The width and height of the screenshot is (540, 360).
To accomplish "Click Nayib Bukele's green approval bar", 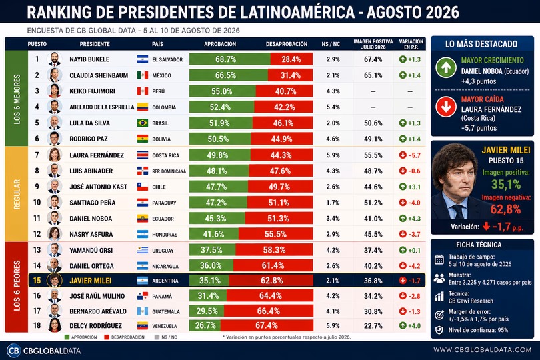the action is [x=230, y=59].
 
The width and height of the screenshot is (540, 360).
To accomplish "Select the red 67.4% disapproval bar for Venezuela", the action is [x=267, y=325].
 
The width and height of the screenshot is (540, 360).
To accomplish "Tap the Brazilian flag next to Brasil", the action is [x=143, y=123].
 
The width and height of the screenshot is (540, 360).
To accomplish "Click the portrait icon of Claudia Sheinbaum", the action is [x=55, y=75].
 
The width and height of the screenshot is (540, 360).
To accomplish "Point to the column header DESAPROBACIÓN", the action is [x=287, y=44].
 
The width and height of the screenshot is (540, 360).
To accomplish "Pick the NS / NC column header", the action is [x=331, y=44].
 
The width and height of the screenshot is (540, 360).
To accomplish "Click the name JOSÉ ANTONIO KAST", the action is [x=98, y=187].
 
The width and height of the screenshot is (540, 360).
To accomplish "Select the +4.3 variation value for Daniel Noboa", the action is [x=410, y=219].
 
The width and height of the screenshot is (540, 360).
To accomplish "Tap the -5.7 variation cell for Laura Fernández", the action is [x=410, y=155].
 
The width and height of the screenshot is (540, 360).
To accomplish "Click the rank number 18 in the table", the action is [x=37, y=325].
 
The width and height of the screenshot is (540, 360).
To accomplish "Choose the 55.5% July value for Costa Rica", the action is [x=373, y=155].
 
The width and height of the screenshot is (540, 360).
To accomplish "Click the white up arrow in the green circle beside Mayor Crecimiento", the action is [x=446, y=67].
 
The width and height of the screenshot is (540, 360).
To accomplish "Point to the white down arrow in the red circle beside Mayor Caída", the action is [x=446, y=107].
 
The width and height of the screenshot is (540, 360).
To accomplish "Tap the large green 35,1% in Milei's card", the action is [x=506, y=185].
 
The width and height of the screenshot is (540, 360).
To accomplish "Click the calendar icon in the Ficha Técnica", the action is [x=439, y=260].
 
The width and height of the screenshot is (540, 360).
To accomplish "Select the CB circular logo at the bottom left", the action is [x=13, y=351].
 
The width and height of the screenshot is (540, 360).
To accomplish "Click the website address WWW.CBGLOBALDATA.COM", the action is [x=483, y=349].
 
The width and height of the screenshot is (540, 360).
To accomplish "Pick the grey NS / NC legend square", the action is [x=157, y=337].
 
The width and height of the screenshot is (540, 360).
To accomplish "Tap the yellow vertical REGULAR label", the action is [x=17, y=194].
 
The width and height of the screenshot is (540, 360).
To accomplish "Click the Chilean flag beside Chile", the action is [x=143, y=187].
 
